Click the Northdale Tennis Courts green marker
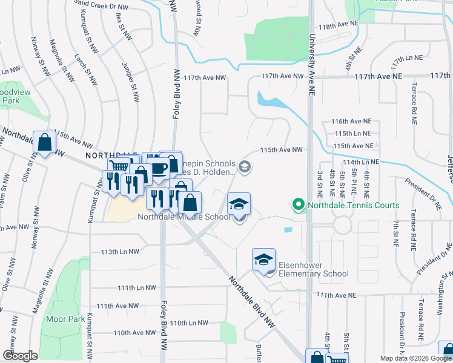click(297, 205)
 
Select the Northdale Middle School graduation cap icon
click(239, 204)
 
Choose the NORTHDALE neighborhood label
click(108, 155)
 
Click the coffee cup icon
click(159, 168)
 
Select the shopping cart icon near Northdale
click(119, 167)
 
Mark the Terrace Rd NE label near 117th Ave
click(415, 100)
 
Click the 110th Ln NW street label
click(188, 323)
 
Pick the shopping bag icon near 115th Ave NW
click(45, 142)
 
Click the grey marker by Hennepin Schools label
click(244, 166)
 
